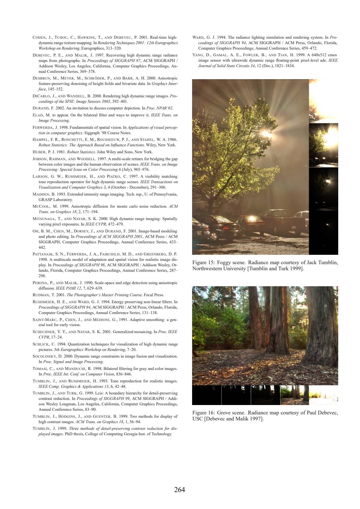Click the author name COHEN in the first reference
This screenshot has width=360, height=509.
pos(39,38)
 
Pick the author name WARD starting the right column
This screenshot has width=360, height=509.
pos(199,38)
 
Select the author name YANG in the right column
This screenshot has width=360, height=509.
pos(198,55)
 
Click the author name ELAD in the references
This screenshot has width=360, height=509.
pos(38,115)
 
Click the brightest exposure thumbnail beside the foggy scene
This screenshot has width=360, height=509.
pos(323,101)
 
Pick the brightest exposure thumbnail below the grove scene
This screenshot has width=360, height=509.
pos(323,395)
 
